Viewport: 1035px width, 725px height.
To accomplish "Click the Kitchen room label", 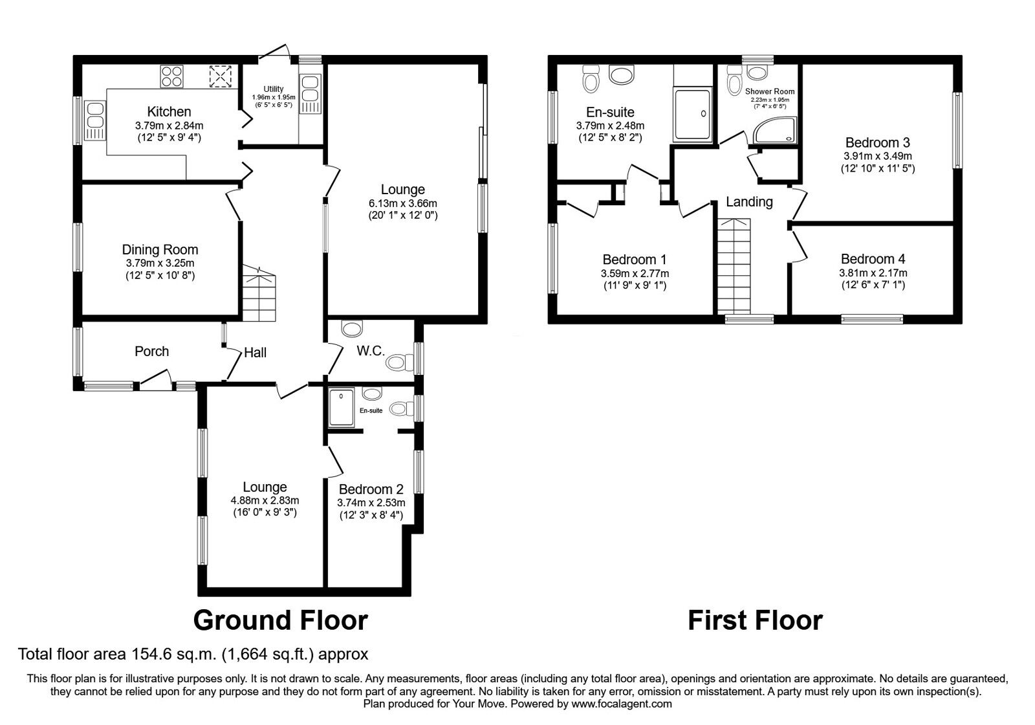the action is click(169, 111).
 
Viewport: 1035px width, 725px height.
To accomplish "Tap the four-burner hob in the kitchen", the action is click(172, 76).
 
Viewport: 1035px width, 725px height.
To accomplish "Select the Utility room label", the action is click(274, 89).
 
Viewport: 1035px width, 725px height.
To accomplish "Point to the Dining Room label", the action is click(160, 250).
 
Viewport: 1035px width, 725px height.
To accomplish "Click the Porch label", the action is click(151, 351).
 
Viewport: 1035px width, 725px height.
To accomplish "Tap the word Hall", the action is click(255, 353).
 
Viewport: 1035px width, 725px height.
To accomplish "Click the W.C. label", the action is click(371, 351).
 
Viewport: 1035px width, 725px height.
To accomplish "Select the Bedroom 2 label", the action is click(371, 489).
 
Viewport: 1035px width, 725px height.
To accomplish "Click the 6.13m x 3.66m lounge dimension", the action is click(403, 203).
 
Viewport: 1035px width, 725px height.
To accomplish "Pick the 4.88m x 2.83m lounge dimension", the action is click(265, 500).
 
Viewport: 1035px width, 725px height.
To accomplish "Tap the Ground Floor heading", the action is click(281, 621).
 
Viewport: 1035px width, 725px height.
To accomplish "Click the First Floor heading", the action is click(756, 621).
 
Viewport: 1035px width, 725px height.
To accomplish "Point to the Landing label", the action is click(749, 202).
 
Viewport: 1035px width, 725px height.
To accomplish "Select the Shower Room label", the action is click(770, 91).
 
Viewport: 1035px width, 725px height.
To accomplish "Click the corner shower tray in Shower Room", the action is click(776, 130).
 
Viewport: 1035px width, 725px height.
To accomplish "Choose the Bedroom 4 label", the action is click(873, 259).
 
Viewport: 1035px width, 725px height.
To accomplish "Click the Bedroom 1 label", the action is click(635, 260).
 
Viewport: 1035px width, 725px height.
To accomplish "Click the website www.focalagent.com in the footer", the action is click(622, 704).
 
